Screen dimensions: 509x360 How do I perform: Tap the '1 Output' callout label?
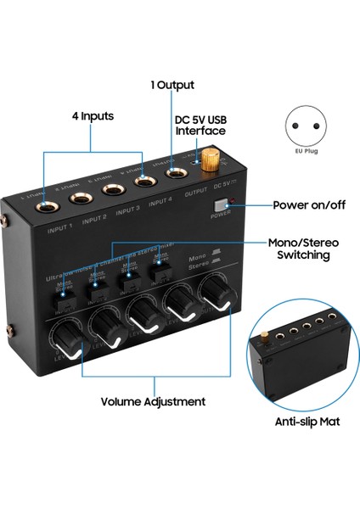[172, 85]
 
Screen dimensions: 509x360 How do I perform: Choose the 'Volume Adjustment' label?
[154, 401]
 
